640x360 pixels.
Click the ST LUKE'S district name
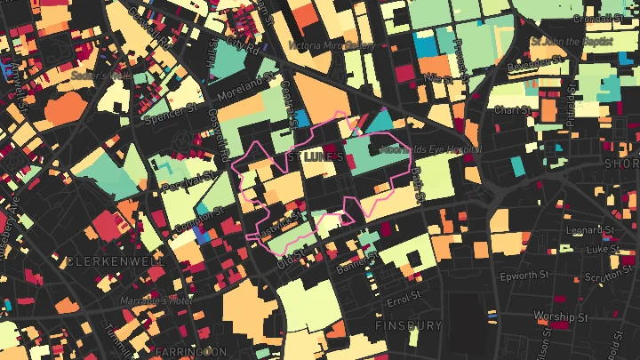[314, 156]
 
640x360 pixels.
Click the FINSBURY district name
[409, 325]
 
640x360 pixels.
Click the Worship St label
[556, 316]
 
